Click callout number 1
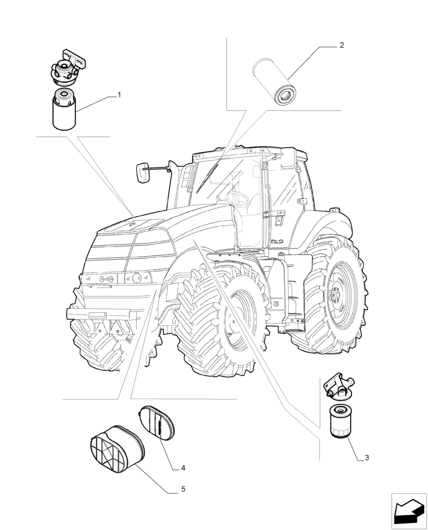pyautogui.click(x=119, y=95)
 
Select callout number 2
pyautogui.click(x=342, y=46)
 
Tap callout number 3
pyautogui.click(x=367, y=457)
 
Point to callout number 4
pyautogui.click(x=183, y=468)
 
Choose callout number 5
pyautogui.click(x=183, y=489)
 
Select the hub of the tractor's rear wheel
pyautogui.click(x=336, y=295)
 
